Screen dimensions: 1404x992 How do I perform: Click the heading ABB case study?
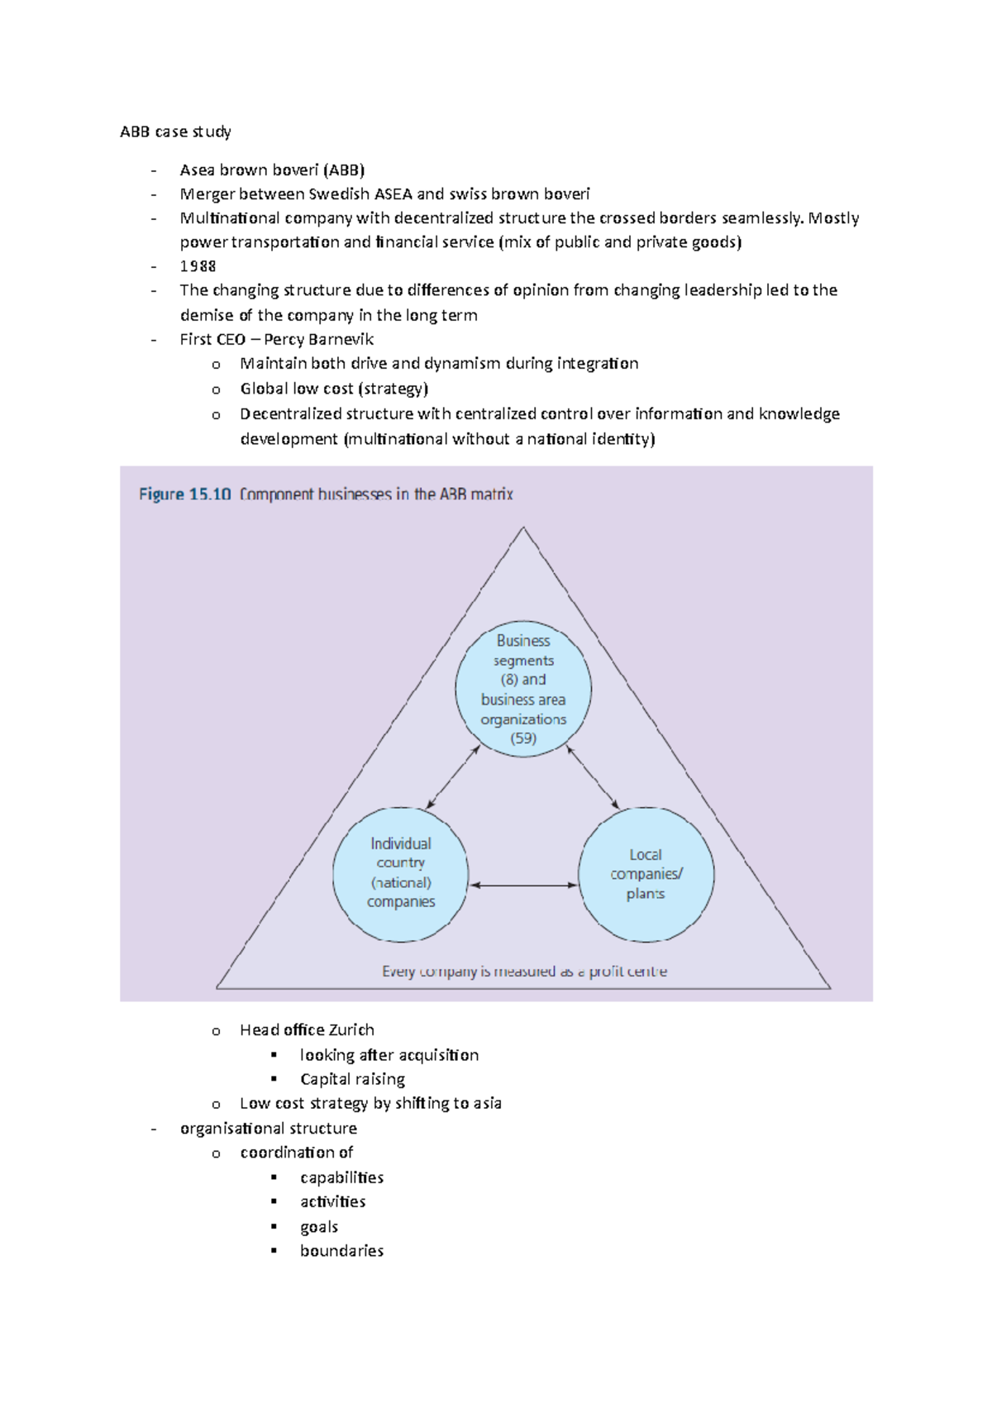click(175, 131)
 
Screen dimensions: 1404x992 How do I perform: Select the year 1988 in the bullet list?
click(198, 266)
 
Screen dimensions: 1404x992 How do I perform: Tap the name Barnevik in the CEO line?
click(341, 339)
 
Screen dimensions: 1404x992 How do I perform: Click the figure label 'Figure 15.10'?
click(184, 494)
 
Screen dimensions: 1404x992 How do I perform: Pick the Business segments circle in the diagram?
click(523, 689)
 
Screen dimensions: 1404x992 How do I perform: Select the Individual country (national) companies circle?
click(401, 874)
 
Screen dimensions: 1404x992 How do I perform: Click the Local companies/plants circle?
click(646, 874)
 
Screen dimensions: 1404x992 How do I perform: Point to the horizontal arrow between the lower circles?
click(523, 886)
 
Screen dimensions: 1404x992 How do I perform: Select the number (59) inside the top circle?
click(523, 738)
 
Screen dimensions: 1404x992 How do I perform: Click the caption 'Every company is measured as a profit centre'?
click(524, 972)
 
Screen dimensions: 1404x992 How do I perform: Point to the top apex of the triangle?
click(523, 529)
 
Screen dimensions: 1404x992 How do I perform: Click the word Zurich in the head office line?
click(351, 1030)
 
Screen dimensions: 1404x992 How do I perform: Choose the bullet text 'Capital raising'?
click(352, 1079)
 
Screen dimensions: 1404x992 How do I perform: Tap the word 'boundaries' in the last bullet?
click(341, 1251)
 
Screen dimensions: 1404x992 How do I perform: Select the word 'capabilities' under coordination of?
click(341, 1177)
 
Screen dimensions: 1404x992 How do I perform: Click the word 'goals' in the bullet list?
click(319, 1227)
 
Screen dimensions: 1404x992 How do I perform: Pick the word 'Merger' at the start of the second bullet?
click(207, 194)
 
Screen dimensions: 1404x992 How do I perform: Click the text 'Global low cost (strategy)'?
click(334, 389)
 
